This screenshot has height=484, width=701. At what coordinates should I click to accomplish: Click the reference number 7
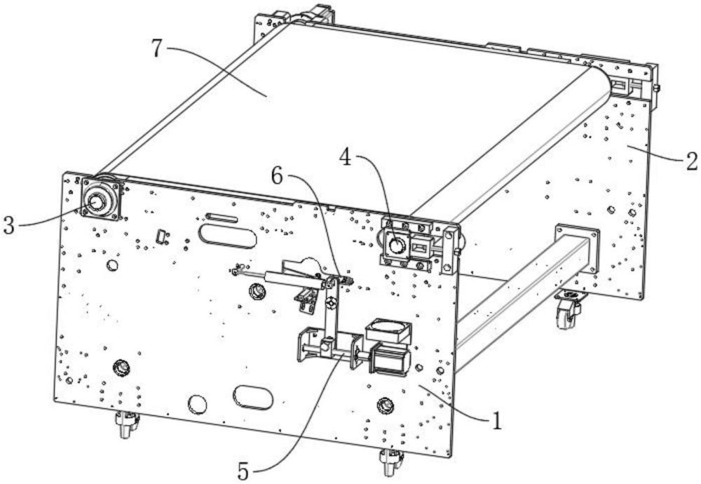coord(156,48)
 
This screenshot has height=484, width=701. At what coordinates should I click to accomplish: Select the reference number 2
coord(691,161)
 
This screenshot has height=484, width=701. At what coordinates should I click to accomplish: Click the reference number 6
coord(277,177)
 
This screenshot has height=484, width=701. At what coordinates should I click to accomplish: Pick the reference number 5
coord(243,472)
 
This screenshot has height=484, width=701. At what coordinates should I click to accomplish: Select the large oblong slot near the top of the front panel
coord(228,236)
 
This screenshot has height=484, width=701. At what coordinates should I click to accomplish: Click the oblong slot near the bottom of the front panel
coord(252,397)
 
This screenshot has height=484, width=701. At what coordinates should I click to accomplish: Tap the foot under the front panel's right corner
coord(390,462)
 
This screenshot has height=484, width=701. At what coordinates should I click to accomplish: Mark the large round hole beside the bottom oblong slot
coord(197,404)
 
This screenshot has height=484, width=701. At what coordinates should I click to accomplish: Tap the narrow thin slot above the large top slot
coord(222,218)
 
